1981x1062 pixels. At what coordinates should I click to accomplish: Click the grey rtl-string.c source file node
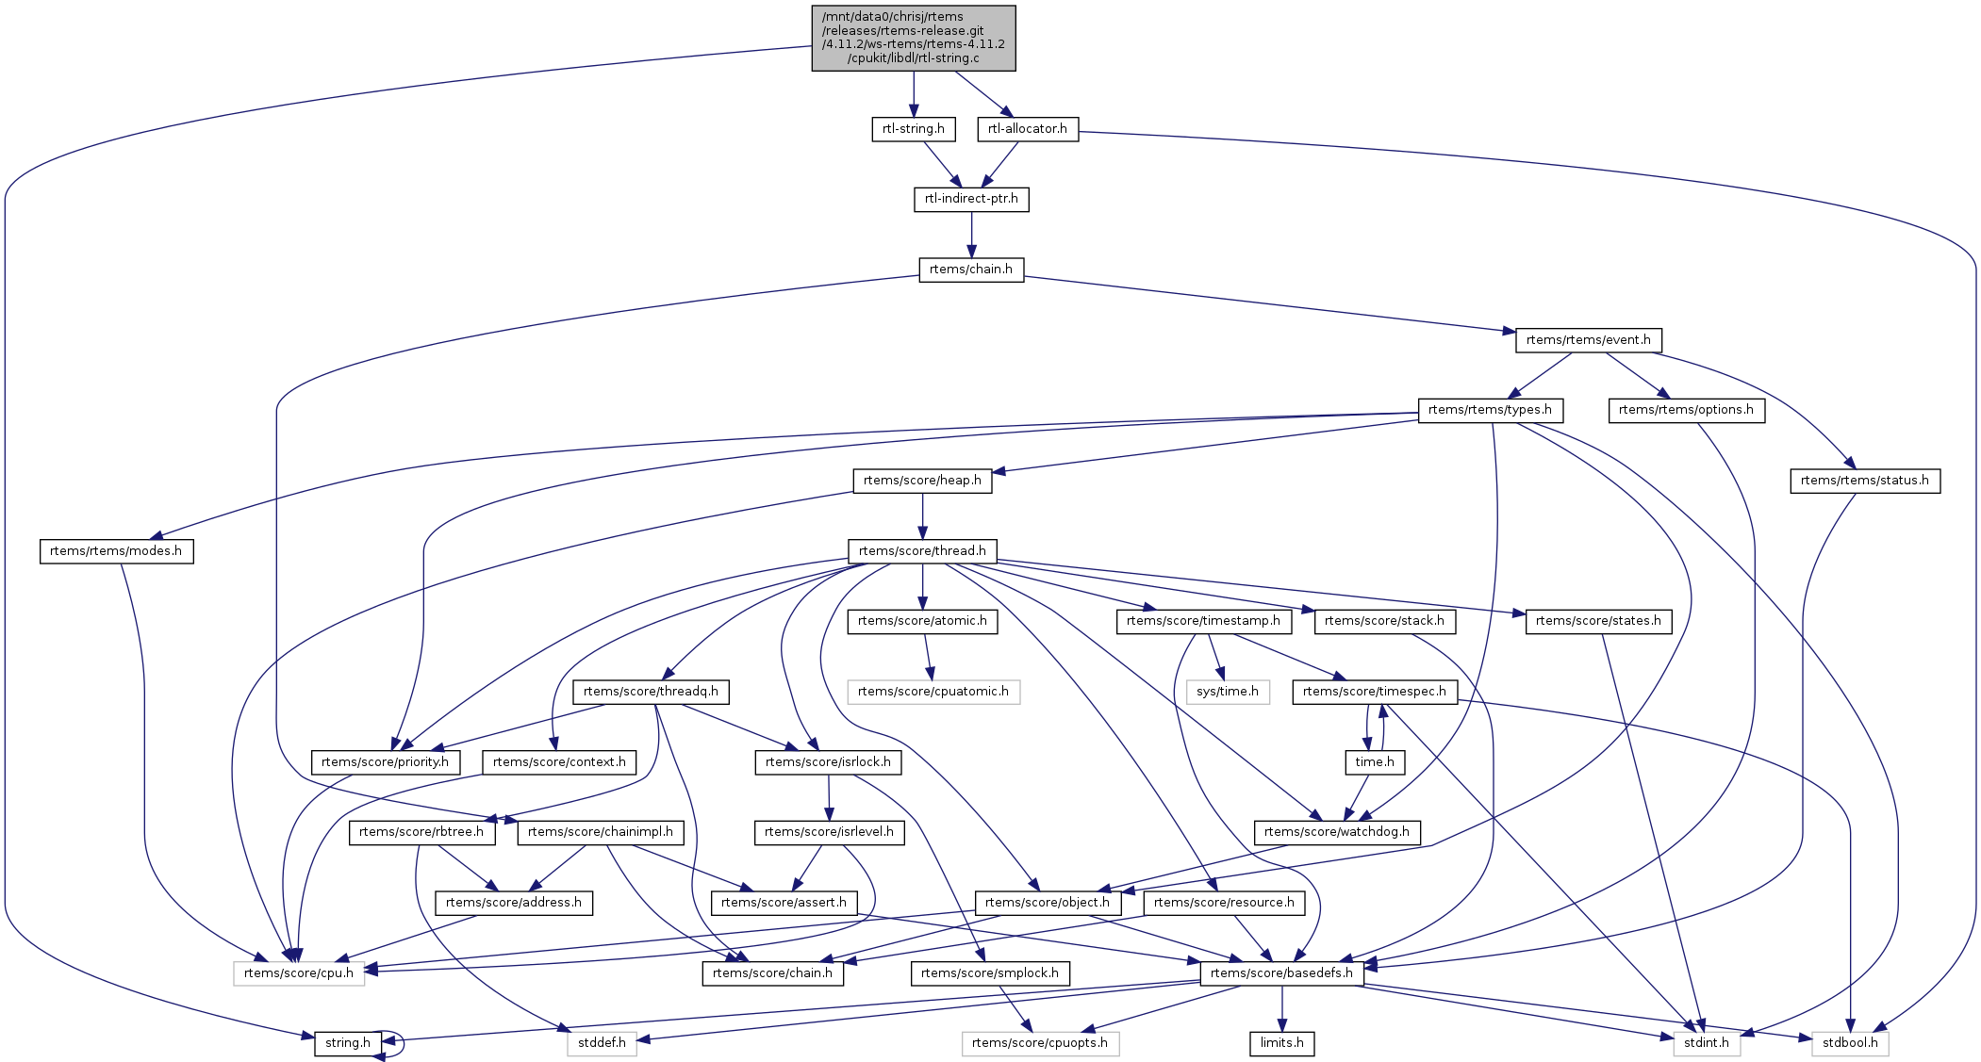(x=914, y=38)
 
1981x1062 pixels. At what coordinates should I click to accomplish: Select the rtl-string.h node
(x=913, y=129)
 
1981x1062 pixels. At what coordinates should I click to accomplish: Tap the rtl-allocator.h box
(x=1028, y=129)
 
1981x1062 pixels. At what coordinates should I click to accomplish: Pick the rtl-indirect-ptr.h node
(x=971, y=199)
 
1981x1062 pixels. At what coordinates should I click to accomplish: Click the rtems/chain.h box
(x=971, y=270)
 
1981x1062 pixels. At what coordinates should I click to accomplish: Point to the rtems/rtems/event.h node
(x=1588, y=340)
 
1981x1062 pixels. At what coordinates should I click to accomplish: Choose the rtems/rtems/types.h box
(x=1490, y=410)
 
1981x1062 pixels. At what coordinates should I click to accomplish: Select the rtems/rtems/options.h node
(x=1686, y=410)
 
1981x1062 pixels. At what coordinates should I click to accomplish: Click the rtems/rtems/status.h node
(x=1864, y=481)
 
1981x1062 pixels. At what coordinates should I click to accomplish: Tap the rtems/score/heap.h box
(x=922, y=481)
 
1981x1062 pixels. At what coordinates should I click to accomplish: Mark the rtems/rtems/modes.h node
(x=116, y=551)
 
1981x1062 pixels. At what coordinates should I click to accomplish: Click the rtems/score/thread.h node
(x=922, y=551)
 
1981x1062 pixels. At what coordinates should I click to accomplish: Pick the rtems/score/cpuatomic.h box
(x=933, y=692)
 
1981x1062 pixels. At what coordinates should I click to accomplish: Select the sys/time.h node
(x=1228, y=692)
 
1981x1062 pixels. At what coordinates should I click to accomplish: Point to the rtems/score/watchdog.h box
(x=1336, y=832)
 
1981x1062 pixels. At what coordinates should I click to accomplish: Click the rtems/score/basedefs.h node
(x=1281, y=973)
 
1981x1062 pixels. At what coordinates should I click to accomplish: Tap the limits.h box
(x=1281, y=1043)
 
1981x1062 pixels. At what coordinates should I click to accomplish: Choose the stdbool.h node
(x=1850, y=1043)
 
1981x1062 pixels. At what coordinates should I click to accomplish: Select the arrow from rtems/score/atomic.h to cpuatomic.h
(x=928, y=657)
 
